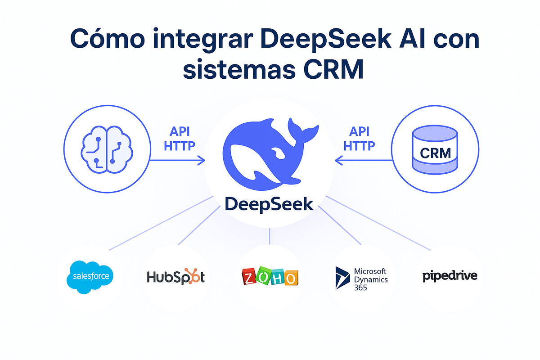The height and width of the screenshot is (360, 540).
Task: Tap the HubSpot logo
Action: tap(175, 276)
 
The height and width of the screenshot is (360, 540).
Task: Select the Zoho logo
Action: tap(270, 277)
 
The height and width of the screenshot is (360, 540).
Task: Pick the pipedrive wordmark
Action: tap(450, 275)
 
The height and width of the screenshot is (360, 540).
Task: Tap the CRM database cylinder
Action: tap(435, 153)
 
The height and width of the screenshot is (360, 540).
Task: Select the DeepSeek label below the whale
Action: tap(269, 204)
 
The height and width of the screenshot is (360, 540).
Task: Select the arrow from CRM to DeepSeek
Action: tap(363, 160)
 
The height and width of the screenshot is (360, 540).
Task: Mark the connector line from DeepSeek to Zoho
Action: tap(270, 236)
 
